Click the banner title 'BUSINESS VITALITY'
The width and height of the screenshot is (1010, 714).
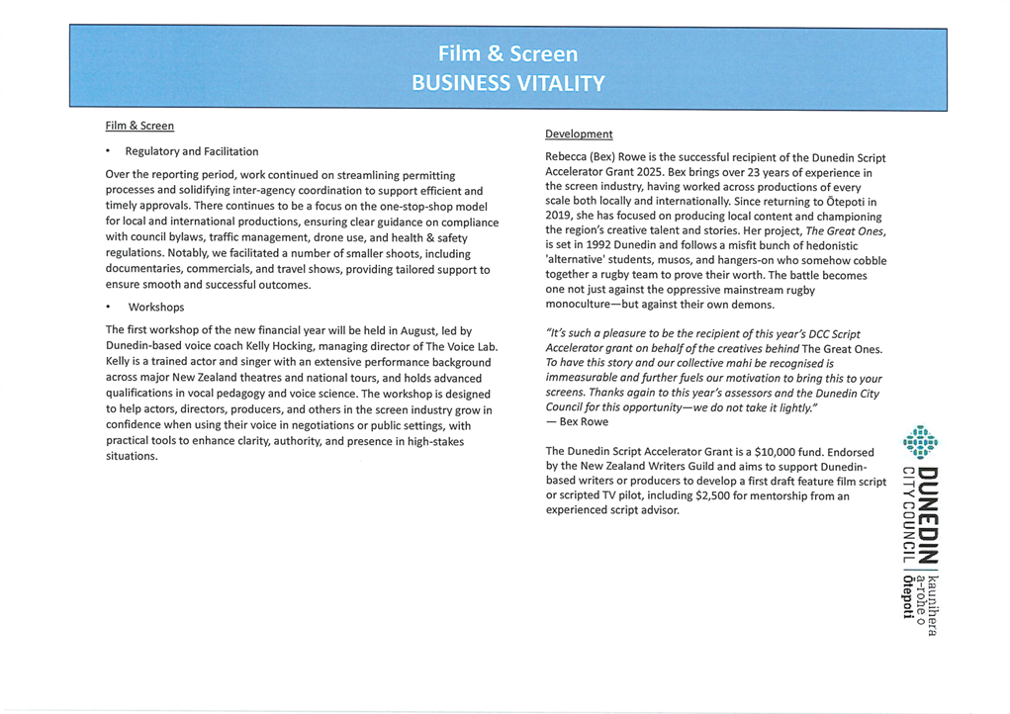point(506,80)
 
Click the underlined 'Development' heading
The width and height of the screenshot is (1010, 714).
point(579,134)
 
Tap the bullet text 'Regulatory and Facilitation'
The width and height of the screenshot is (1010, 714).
point(192,151)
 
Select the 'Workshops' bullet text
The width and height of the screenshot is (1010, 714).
point(156,307)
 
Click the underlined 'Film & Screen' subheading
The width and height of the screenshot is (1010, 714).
point(139,126)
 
